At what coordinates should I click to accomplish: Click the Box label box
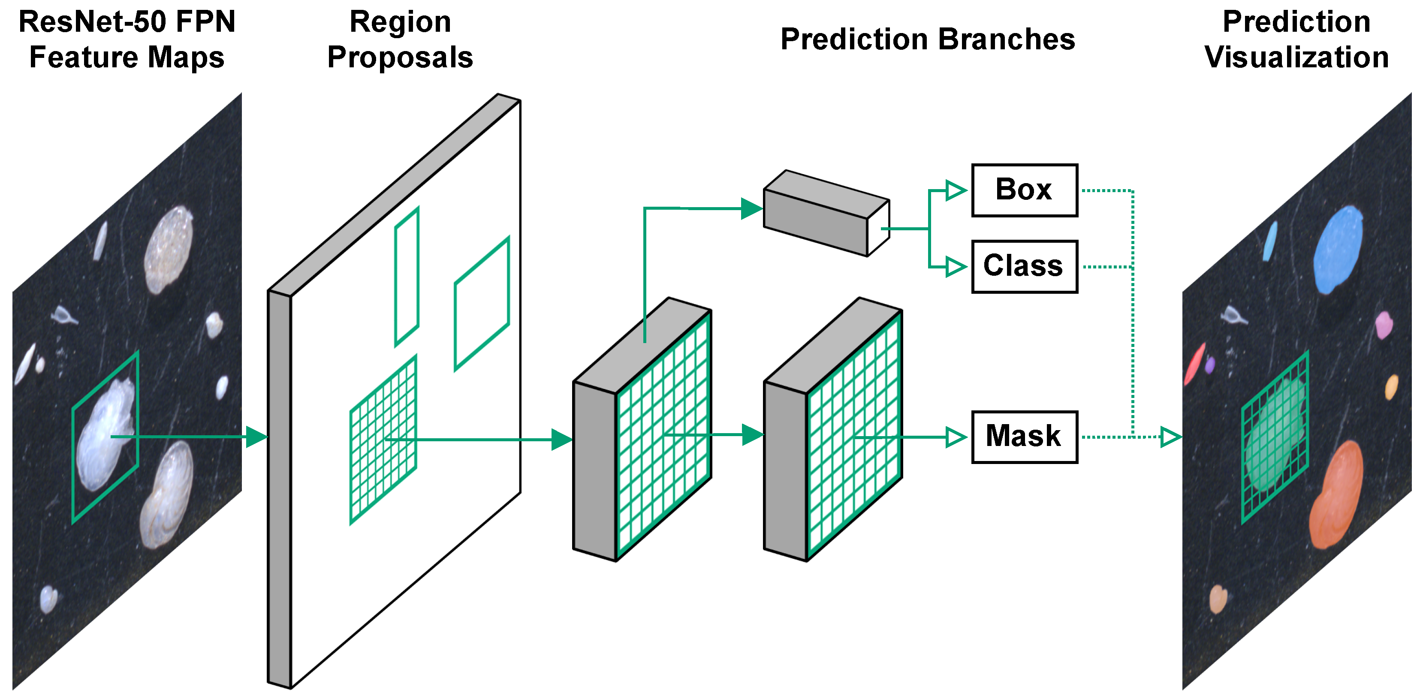1024,190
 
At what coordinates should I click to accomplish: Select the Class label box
1024,266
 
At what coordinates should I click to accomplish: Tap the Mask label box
1024,437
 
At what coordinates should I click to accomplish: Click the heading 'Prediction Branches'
928,39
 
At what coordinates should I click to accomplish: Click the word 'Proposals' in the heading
400,57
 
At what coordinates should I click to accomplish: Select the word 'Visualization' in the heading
1296,57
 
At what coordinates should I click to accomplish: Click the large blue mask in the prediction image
1337,249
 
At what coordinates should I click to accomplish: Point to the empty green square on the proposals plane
482,304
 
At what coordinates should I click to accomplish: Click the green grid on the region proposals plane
383,440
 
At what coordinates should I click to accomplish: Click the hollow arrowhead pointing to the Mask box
955,437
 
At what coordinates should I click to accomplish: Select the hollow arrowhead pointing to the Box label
955,190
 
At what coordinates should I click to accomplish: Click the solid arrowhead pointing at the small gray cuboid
751,209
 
